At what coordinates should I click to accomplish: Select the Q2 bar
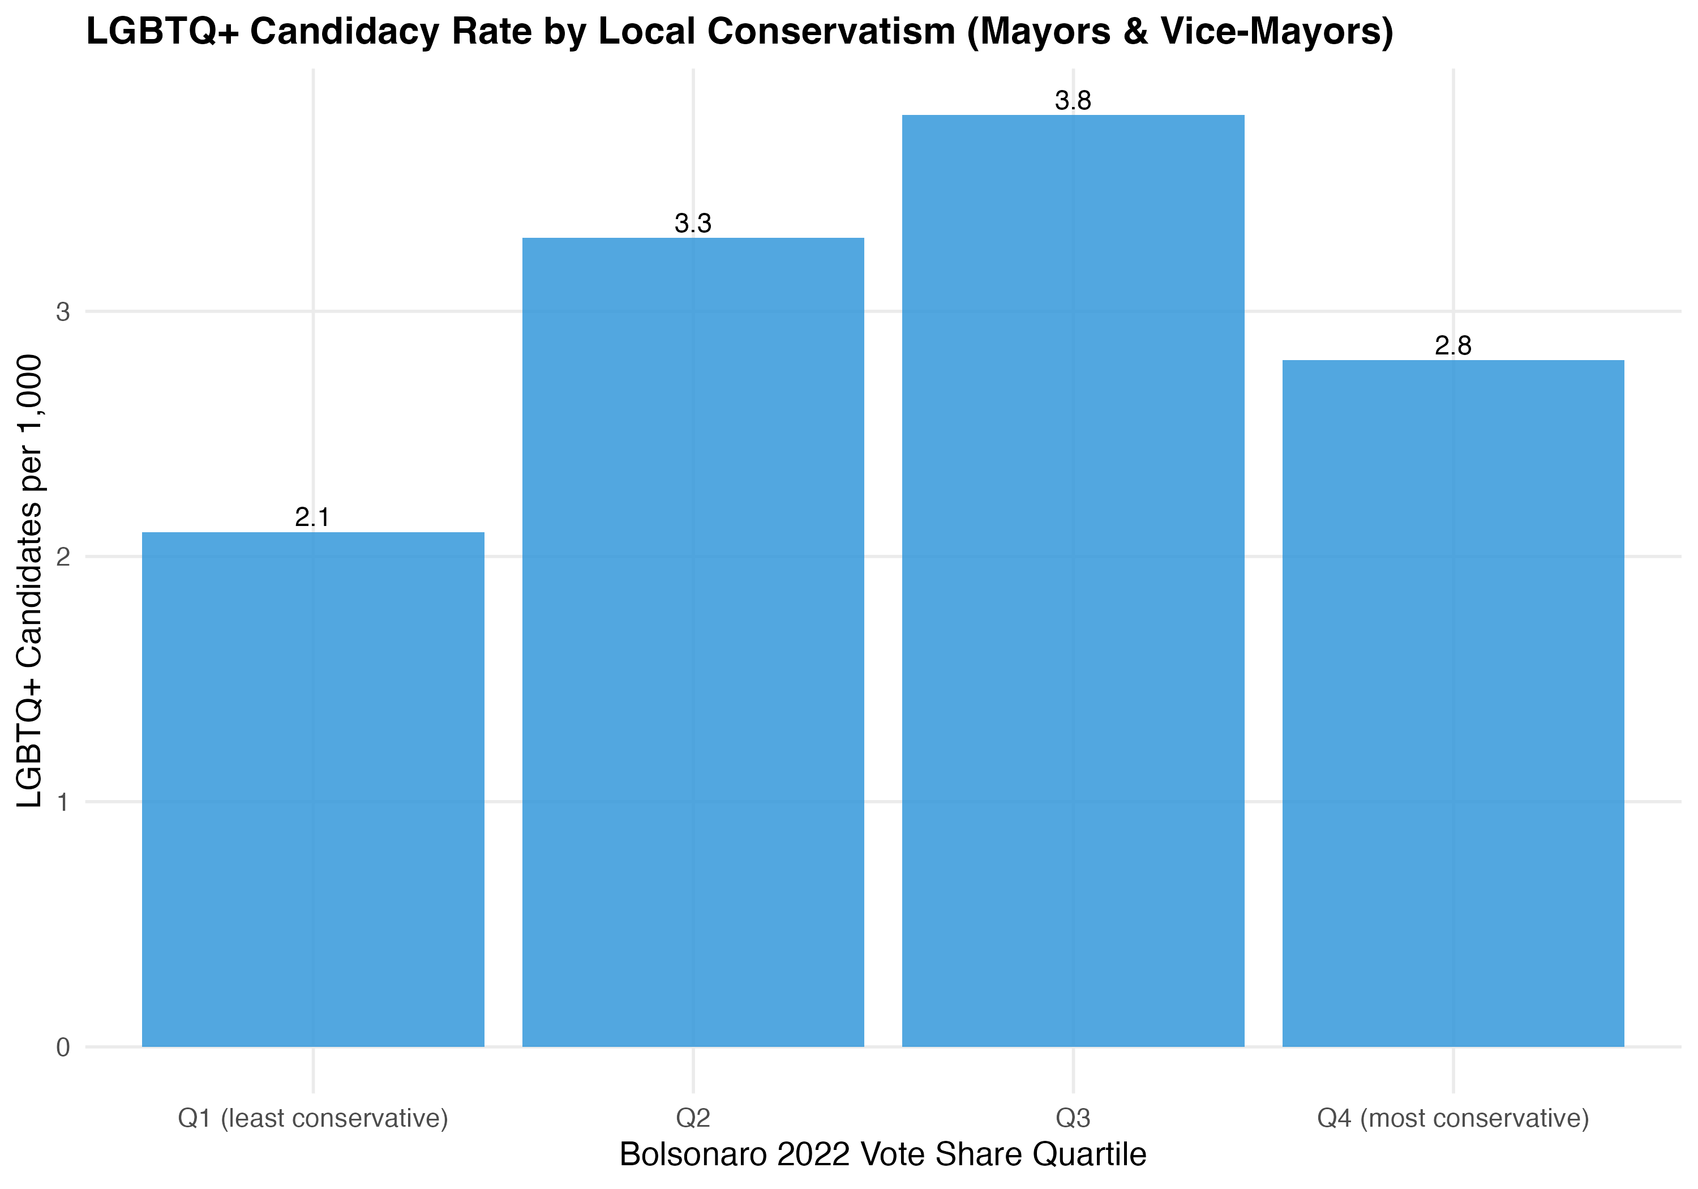pos(693,641)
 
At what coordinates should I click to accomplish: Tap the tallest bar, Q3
pos(1073,580)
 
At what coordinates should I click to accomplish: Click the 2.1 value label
pos(312,517)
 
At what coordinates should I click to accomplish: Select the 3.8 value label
pos(1073,101)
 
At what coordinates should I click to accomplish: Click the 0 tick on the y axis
pos(63,1047)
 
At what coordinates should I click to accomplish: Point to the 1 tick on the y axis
pos(63,802)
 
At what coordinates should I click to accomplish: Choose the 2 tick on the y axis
pos(63,557)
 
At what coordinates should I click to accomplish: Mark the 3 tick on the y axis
pos(63,311)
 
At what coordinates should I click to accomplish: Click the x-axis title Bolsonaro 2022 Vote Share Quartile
pos(882,1154)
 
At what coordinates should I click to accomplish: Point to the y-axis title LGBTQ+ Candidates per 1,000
pos(29,581)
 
